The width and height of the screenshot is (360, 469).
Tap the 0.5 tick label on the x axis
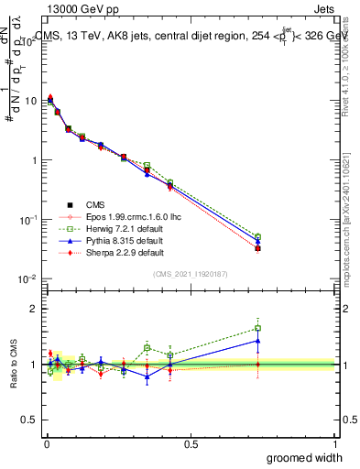click(191, 443)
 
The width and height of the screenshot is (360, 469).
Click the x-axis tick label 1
click(335, 443)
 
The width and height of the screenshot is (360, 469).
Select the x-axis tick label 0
click(47, 443)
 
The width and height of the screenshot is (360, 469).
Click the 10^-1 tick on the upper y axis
click(28, 219)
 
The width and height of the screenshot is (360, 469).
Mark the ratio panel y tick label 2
click(32, 310)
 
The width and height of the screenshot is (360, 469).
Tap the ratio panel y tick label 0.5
click(28, 420)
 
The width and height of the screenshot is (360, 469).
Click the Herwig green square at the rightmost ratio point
click(258, 328)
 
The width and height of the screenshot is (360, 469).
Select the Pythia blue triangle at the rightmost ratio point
click(258, 341)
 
